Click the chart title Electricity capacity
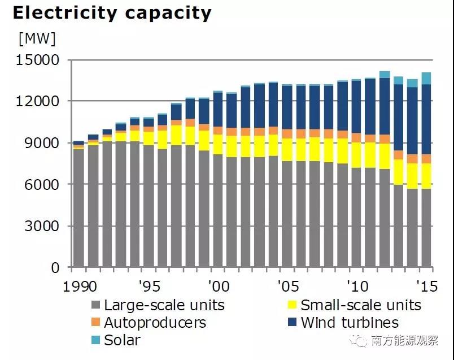pyautogui.click(x=112, y=12)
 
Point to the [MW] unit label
pyautogui.click(x=37, y=38)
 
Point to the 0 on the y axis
pyautogui.click(x=55, y=268)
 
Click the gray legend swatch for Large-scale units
pyautogui.click(x=95, y=306)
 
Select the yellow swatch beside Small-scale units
pyautogui.click(x=292, y=306)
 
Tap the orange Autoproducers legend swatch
pyautogui.click(x=95, y=323)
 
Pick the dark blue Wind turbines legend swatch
pyautogui.click(x=292, y=323)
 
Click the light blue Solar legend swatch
pyautogui.click(x=95, y=340)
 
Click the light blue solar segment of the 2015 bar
pyautogui.click(x=426, y=79)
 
